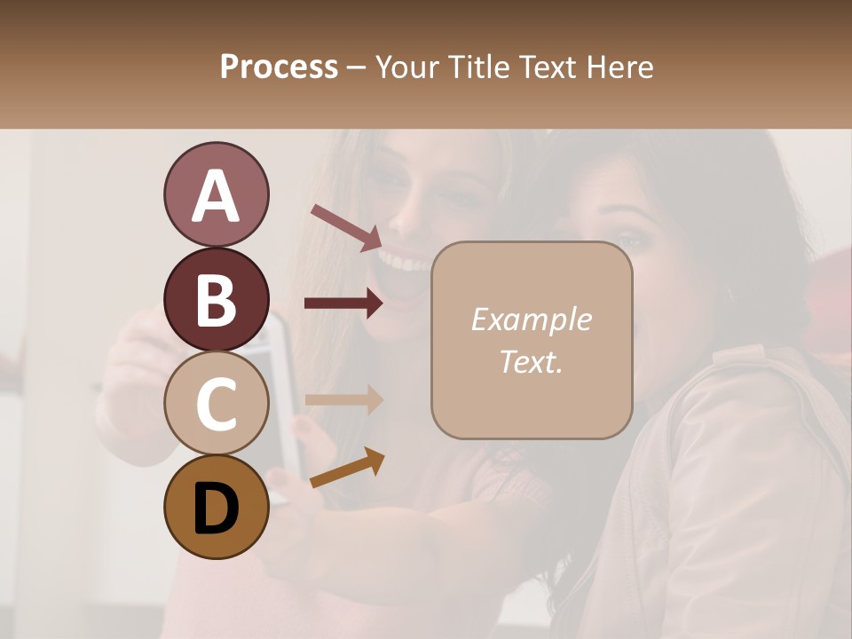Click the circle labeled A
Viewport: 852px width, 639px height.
[x=216, y=194]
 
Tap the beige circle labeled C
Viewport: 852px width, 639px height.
[x=216, y=403]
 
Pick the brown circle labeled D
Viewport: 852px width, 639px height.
[x=216, y=507]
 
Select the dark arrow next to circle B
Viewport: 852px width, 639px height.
[x=344, y=304]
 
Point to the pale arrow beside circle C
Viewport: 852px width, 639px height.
[x=344, y=398]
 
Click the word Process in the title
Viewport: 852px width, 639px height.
[x=279, y=67]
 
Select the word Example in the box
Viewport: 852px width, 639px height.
[x=531, y=319]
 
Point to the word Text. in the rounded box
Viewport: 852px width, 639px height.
[x=531, y=362]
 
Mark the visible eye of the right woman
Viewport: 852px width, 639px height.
[x=628, y=240]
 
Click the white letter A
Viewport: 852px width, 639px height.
[x=216, y=195]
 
